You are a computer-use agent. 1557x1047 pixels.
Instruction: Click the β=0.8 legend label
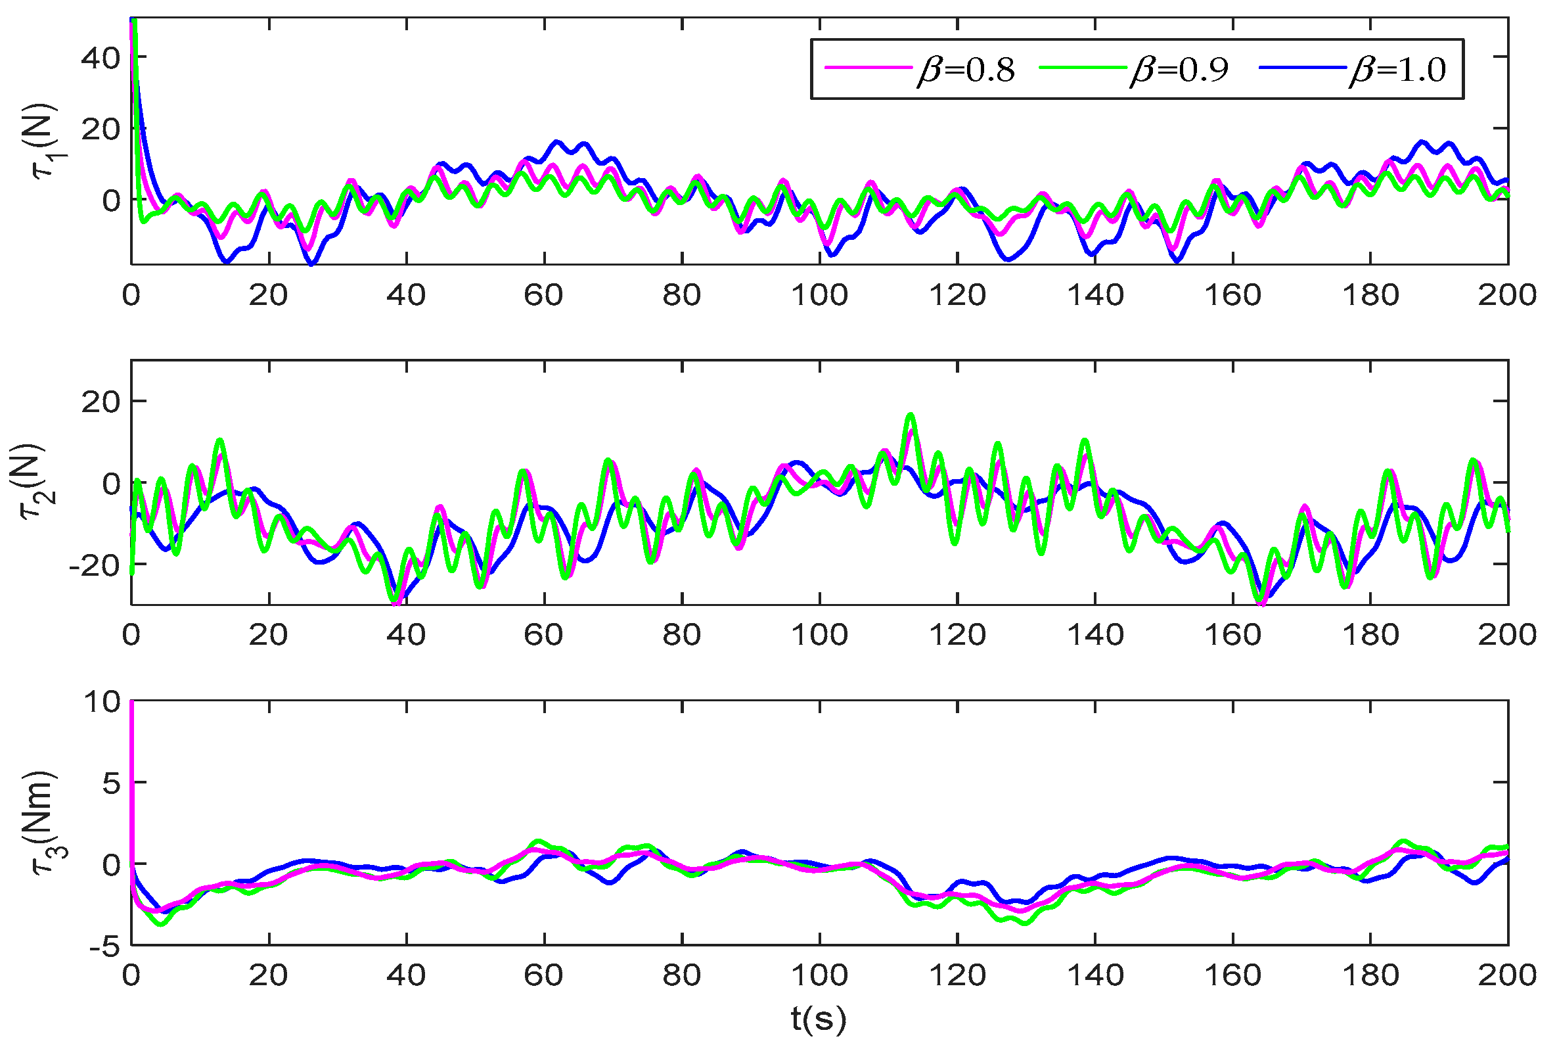pos(966,70)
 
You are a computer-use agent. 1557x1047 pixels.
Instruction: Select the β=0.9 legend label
pos(1179,70)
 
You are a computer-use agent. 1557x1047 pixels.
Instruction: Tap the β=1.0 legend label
pos(1397,70)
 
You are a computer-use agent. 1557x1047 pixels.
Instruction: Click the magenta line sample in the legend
pos(868,68)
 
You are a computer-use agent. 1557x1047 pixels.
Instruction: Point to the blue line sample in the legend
pos(1301,68)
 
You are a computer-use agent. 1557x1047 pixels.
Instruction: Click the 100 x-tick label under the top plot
pos(819,295)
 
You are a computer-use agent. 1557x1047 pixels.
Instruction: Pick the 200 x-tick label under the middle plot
pos(1507,635)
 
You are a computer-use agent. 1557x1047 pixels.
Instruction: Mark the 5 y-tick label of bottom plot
pos(112,783)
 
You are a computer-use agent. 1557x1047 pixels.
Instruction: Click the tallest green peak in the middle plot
pos(911,415)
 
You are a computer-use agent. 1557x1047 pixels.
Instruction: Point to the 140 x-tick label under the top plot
pos(1094,295)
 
